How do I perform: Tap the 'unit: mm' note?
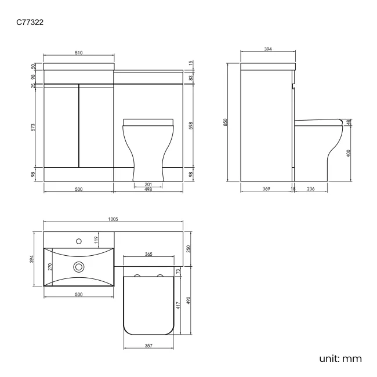coord(340,358)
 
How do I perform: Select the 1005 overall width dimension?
coord(113,219)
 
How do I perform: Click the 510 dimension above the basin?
coord(79,53)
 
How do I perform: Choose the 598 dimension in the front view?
coord(191,125)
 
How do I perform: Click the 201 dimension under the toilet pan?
coord(148,184)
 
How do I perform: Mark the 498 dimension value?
coord(148,190)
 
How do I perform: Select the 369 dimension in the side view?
coord(266,190)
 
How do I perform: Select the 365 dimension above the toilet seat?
coord(148,254)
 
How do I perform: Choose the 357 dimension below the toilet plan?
coord(148,346)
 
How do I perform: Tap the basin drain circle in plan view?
coord(78,267)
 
